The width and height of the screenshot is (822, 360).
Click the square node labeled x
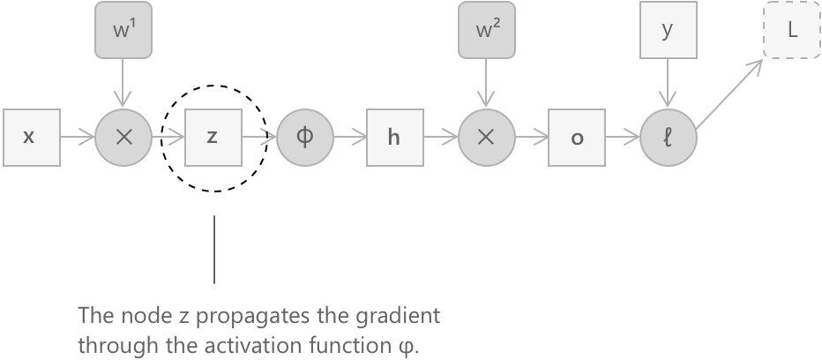(31, 138)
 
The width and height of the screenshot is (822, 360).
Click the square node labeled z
(213, 138)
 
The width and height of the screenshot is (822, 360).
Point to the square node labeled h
(394, 138)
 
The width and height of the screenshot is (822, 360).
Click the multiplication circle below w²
(485, 138)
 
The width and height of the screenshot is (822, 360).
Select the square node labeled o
(576, 138)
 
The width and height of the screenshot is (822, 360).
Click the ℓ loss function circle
(668, 138)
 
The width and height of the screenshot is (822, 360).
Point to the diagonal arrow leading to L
(733, 93)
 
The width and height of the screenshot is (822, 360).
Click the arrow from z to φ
(258, 138)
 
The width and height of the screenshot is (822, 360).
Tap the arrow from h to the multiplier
(439, 138)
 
